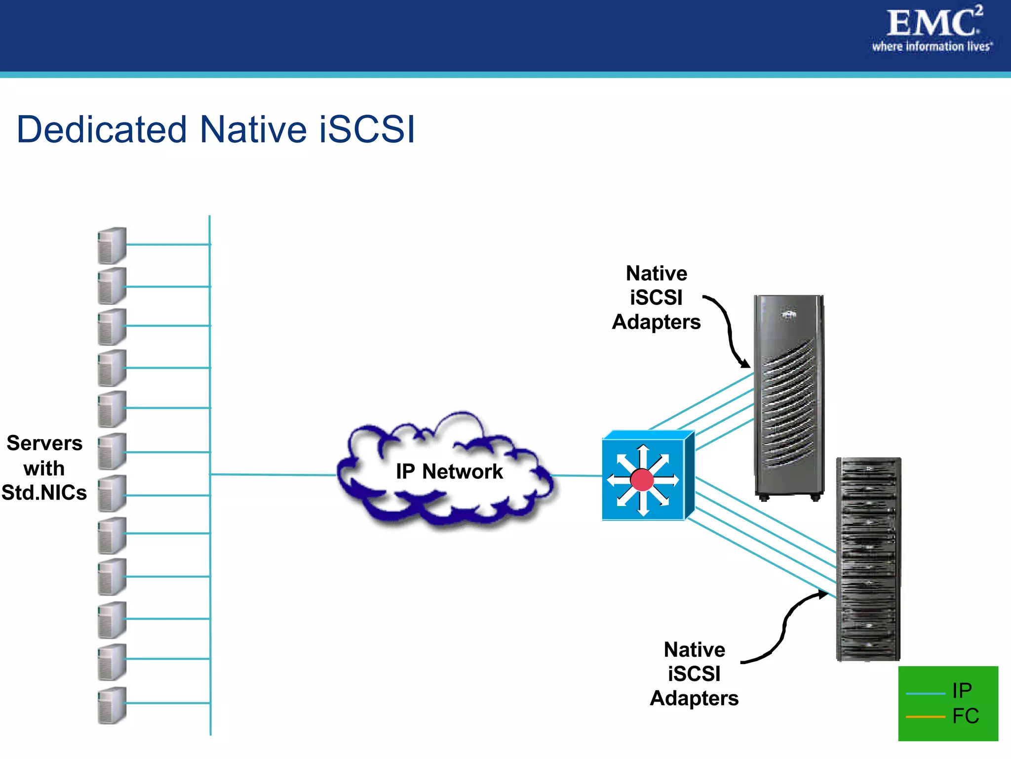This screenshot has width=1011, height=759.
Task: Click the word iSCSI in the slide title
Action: coord(367,129)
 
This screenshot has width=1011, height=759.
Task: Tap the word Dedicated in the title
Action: coord(102,129)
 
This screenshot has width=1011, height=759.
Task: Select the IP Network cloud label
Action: coord(449,471)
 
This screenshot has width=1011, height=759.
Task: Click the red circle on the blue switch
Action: coord(642,480)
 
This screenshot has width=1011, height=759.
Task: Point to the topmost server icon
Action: coord(112,245)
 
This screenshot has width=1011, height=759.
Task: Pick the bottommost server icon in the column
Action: coord(112,705)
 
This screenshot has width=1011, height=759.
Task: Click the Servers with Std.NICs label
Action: coord(44,468)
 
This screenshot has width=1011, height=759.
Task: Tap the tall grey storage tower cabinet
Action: coord(788,395)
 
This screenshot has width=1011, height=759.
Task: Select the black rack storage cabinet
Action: coord(868,558)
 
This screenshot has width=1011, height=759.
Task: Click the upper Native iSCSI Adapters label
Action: coord(656,297)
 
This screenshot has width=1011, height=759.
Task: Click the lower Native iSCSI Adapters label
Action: coord(694,674)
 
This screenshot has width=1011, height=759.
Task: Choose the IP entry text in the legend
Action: coord(962,690)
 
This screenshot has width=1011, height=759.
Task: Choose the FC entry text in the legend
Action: coord(965,716)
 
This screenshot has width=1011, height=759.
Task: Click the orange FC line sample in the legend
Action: coord(925,717)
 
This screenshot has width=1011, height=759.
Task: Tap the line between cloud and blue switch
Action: coord(576,476)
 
